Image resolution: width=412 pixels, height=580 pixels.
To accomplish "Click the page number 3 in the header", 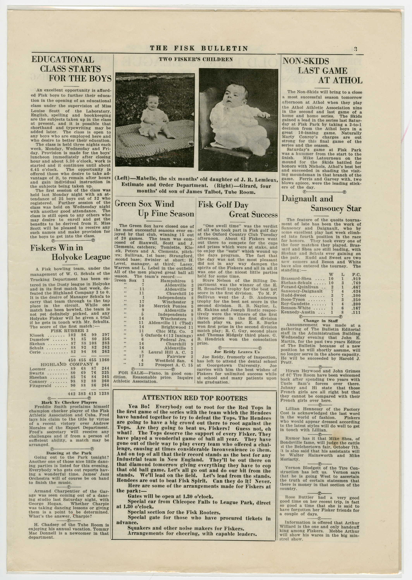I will (356, 49).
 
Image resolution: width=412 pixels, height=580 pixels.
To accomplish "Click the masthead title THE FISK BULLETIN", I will (199, 48).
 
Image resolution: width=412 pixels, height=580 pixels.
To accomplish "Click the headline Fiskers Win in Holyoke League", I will (70, 252).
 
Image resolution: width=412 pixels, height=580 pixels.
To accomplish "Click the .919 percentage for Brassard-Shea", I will (356, 279).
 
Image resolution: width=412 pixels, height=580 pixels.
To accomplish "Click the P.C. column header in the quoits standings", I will (356, 274).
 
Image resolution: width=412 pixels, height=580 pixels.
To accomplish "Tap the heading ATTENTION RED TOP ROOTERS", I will (195, 398).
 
